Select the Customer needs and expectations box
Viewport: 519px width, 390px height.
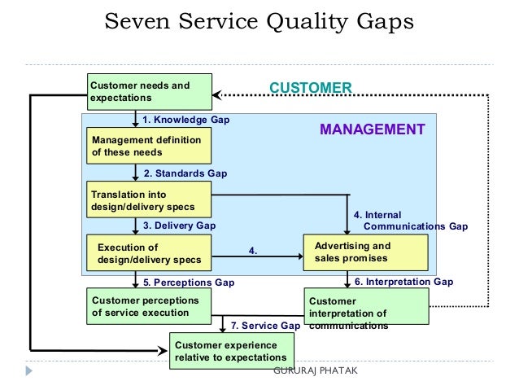click(149, 91)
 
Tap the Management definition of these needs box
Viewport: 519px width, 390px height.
click(146, 146)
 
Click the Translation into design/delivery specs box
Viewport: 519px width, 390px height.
click(149, 200)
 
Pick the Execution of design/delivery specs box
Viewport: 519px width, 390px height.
click(149, 252)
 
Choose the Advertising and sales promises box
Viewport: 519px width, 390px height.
click(364, 252)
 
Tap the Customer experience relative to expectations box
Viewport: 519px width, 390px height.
click(231, 351)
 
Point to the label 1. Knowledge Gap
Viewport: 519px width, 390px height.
click(185, 120)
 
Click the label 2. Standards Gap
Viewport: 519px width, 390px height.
click(185, 173)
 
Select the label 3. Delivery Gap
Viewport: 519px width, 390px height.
click(179, 226)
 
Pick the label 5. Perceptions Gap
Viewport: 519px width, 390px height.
click(188, 283)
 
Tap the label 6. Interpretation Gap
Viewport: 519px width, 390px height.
click(403, 282)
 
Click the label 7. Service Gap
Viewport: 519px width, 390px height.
click(265, 326)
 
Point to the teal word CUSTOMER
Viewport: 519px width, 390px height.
click(310, 88)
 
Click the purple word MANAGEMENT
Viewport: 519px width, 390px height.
click(372, 129)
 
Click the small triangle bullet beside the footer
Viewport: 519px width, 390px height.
click(29, 370)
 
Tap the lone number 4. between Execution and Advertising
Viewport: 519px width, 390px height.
click(253, 252)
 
